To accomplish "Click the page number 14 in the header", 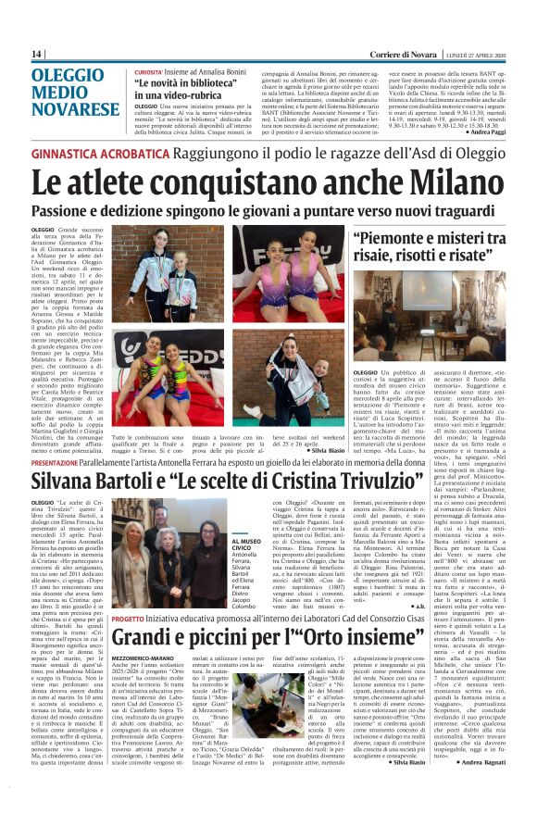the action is point(36,55).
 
